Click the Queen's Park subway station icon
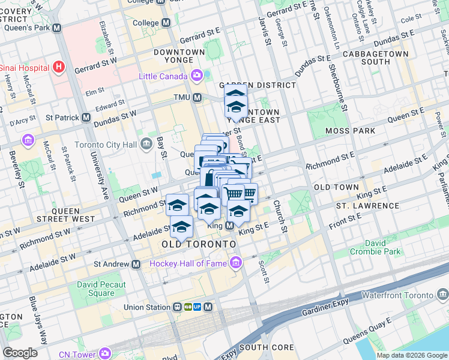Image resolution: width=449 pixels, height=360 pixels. [57, 28]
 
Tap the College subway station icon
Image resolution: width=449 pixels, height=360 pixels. [166, 23]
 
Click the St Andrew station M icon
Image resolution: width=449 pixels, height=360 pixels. [136, 264]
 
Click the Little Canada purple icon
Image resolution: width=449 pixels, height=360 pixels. [196, 76]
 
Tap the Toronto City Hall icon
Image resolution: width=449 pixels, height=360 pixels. [146, 145]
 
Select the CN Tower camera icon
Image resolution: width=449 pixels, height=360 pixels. [106, 353]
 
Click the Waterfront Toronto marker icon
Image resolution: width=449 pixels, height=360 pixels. [442, 295]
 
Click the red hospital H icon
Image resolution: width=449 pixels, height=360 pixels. [58, 67]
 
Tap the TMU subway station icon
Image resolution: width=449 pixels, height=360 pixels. [196, 98]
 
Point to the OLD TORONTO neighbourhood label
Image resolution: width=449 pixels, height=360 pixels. [199, 245]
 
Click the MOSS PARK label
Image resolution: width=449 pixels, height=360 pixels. [350, 131]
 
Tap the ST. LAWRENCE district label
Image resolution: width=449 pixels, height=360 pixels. [360, 205]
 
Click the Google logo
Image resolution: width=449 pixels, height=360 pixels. [20, 353]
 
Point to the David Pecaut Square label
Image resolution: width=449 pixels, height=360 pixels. [101, 289]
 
